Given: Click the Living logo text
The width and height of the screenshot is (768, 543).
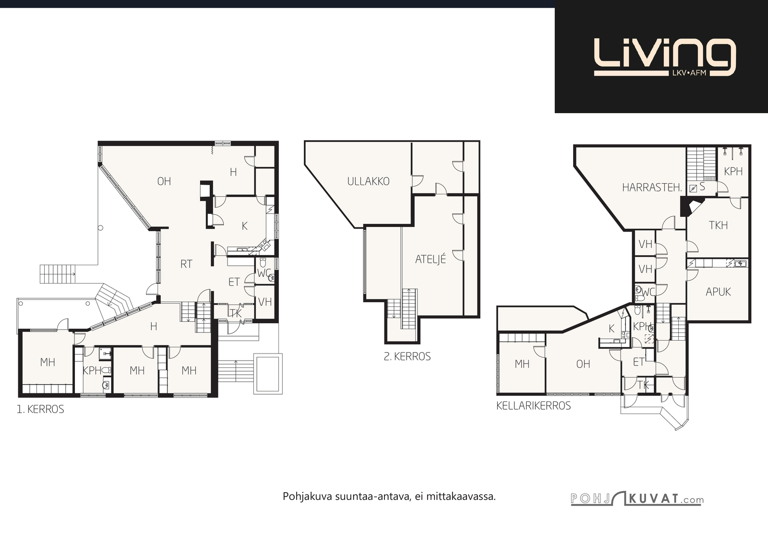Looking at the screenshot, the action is [x=665, y=57].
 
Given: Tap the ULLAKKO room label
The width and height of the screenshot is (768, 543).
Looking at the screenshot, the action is [x=368, y=181].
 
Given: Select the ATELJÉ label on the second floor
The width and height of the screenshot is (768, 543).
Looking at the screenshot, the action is [x=430, y=259].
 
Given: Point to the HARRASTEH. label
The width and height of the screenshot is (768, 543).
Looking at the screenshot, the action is [x=652, y=188].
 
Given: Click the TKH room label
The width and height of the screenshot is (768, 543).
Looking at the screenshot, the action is [x=718, y=225].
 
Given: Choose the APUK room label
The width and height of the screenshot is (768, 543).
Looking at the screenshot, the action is [x=718, y=292].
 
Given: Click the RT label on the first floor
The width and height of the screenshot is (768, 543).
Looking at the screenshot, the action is [x=186, y=264].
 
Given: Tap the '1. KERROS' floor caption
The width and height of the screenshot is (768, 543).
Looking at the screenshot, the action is [x=40, y=409].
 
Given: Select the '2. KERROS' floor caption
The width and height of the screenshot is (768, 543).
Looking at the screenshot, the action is [x=407, y=356].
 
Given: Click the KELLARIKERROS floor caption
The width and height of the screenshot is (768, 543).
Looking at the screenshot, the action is [x=533, y=406].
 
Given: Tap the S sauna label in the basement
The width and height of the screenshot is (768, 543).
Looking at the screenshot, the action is [x=702, y=187].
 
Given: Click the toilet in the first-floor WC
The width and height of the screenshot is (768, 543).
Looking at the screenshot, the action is [x=263, y=262].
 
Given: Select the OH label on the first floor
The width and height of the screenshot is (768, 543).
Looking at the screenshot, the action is [x=164, y=181].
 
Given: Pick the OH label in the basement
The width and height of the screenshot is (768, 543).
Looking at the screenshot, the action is [x=583, y=364].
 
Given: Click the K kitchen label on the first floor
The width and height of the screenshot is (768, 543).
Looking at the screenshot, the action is [x=244, y=226].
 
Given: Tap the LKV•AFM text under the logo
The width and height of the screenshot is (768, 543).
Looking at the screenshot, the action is [x=686, y=73].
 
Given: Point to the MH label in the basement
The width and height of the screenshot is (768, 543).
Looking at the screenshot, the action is [x=522, y=364].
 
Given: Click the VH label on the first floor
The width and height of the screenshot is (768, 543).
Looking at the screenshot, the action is [x=264, y=302].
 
